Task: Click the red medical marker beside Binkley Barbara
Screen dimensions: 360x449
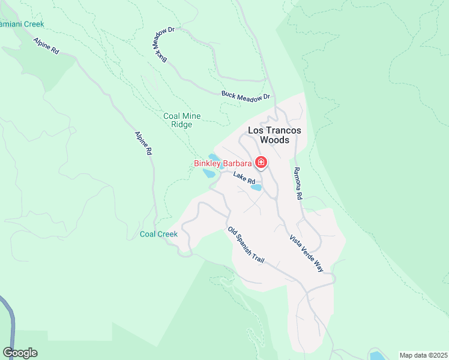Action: click(x=261, y=162)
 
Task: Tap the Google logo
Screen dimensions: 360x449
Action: click(x=20, y=353)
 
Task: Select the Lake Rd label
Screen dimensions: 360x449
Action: click(x=244, y=178)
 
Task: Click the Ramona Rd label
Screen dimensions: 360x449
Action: click(x=298, y=184)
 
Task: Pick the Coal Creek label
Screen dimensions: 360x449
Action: click(x=158, y=234)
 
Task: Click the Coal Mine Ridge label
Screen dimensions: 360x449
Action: click(x=182, y=120)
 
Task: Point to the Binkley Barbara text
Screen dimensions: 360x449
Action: click(x=222, y=163)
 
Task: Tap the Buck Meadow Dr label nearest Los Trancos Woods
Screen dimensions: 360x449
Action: click(x=246, y=95)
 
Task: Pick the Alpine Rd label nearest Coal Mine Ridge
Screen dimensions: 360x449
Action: click(x=142, y=144)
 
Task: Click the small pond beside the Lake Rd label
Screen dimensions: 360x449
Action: click(x=256, y=188)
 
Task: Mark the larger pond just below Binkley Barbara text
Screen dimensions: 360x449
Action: click(x=209, y=173)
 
